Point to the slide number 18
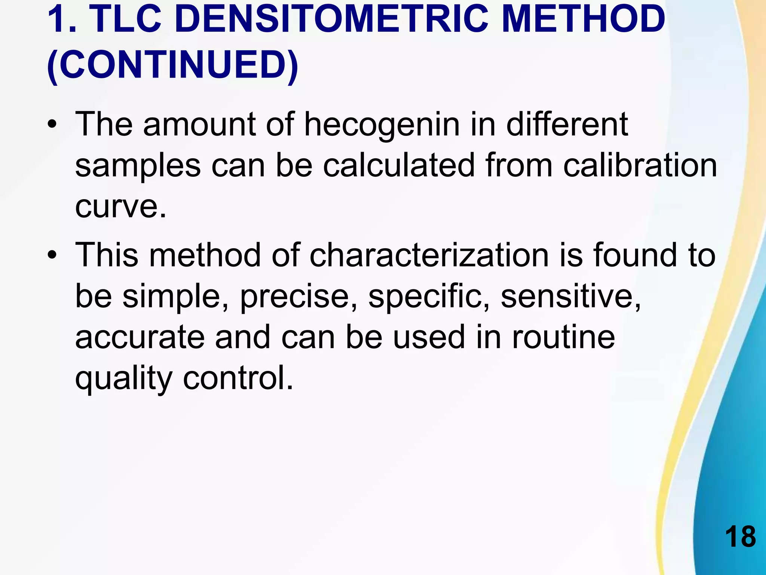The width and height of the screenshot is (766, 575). click(x=740, y=537)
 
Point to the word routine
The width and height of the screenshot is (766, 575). click(x=563, y=337)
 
